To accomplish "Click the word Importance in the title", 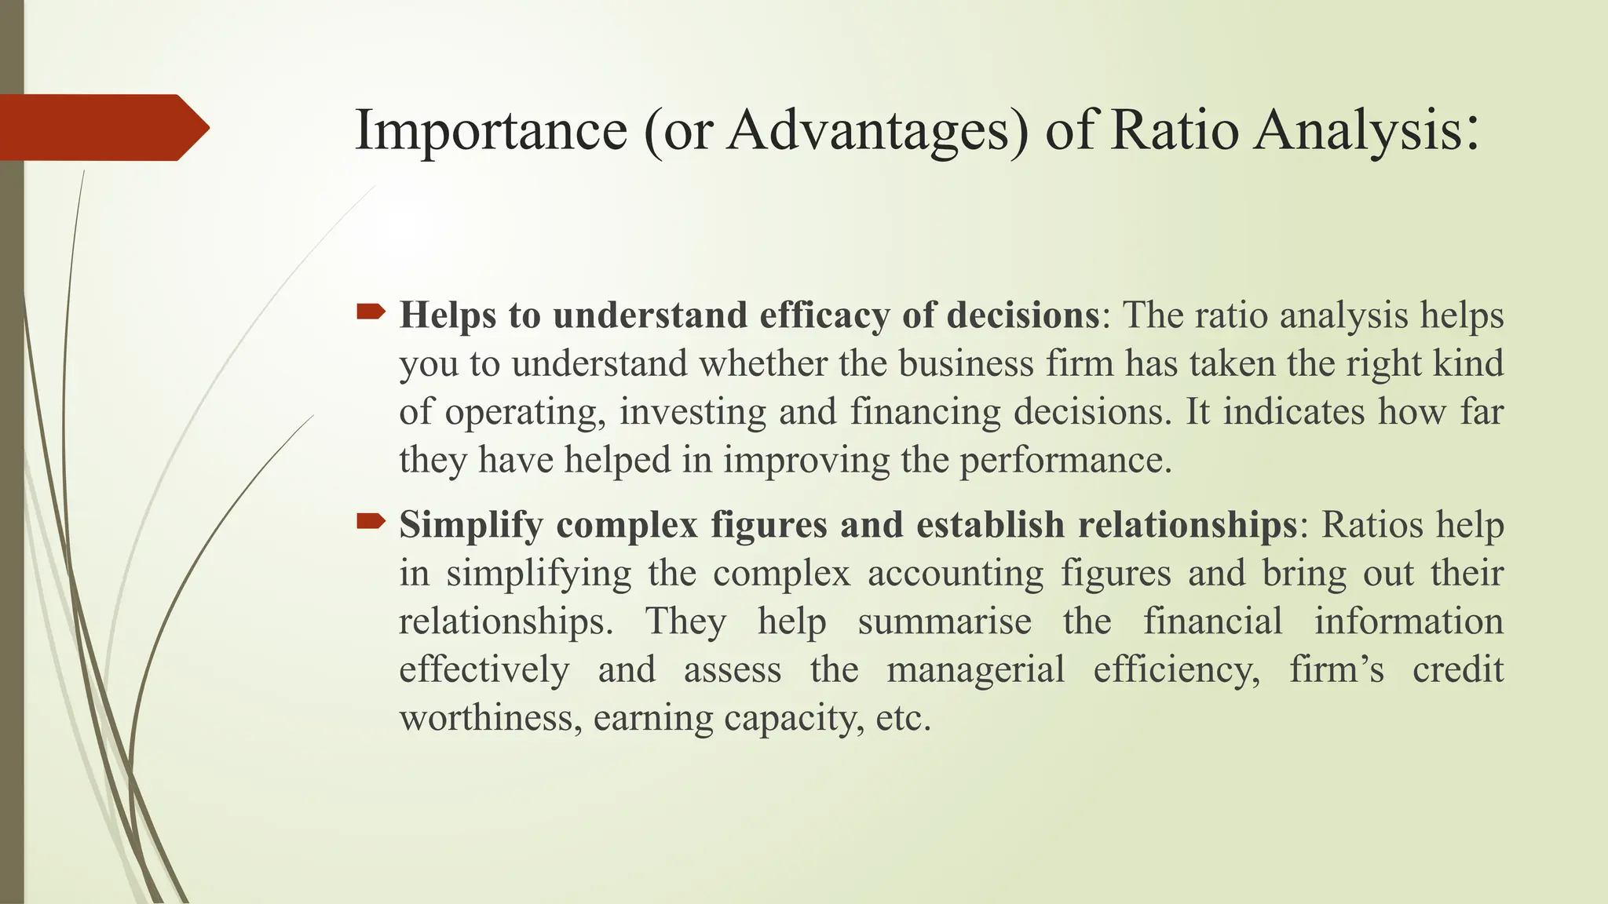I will pyautogui.click(x=491, y=129).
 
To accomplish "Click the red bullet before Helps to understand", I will pyautogui.click(x=371, y=313).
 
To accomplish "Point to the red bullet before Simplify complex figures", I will pyautogui.click(x=371, y=521).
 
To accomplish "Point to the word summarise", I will pyautogui.click(x=945, y=621).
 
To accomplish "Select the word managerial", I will pyautogui.click(x=975, y=669).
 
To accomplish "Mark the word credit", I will pyautogui.click(x=1457, y=669).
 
